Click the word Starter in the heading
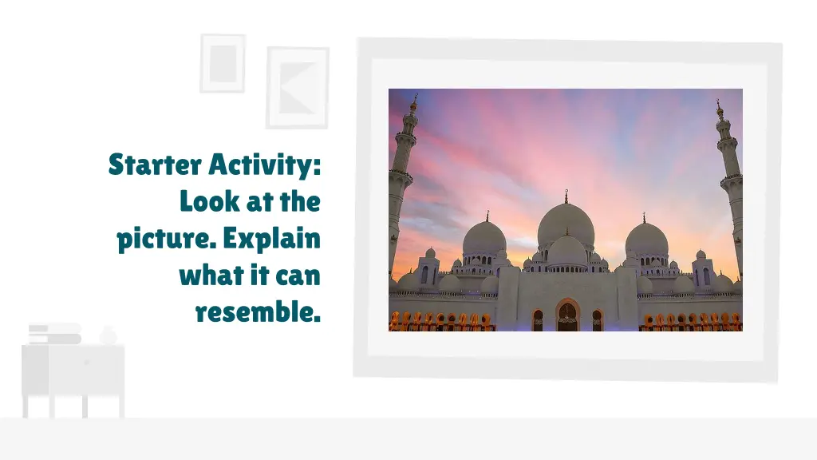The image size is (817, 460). (x=155, y=165)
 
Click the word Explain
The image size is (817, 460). (x=271, y=239)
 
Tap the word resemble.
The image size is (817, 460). (x=258, y=312)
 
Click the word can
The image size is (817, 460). (x=297, y=276)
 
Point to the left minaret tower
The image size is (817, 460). (x=403, y=184)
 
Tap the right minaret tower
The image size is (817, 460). (x=730, y=184)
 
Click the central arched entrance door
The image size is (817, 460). (x=567, y=317)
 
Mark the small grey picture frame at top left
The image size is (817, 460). (x=223, y=62)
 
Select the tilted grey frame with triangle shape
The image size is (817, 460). (x=297, y=87)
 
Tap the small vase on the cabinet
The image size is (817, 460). (x=108, y=335)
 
